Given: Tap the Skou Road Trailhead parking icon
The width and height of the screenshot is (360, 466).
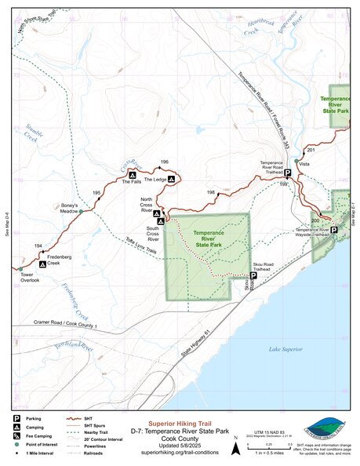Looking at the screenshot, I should click(x=253, y=275).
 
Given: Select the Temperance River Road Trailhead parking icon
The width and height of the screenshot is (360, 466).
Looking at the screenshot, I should click(x=287, y=173).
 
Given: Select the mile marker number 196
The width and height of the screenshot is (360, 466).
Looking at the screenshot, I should click(x=164, y=162).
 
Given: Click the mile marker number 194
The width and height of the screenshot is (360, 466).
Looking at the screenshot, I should click(x=38, y=246).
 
